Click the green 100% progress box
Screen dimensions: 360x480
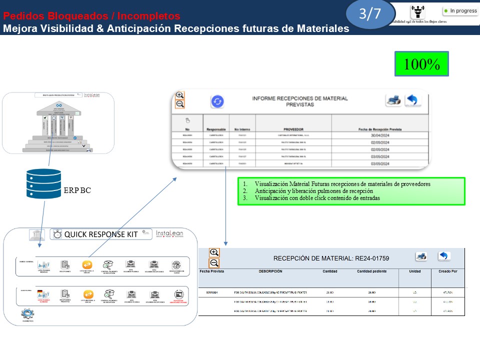pos(421,64)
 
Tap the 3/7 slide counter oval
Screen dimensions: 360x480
pos(369,14)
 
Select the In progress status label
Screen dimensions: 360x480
pos(460,10)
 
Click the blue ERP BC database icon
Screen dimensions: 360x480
pos(43,184)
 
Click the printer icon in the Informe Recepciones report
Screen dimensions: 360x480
pos(393,100)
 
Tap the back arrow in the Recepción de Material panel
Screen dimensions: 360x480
pos(444,256)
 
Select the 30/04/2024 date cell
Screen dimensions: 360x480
pos(380,135)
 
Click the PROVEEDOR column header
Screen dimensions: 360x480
pos(293,129)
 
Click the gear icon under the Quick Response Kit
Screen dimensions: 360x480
pos(27,314)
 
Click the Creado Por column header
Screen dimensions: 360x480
pos(447,271)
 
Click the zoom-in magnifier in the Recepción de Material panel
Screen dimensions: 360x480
pos(214,253)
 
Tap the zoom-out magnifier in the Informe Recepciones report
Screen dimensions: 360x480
pos(180,104)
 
